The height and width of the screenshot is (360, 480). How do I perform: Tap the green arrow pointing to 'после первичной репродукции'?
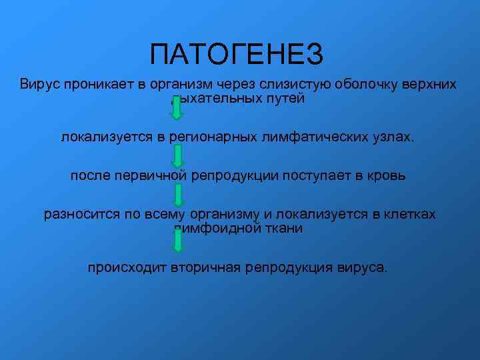[178, 156]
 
